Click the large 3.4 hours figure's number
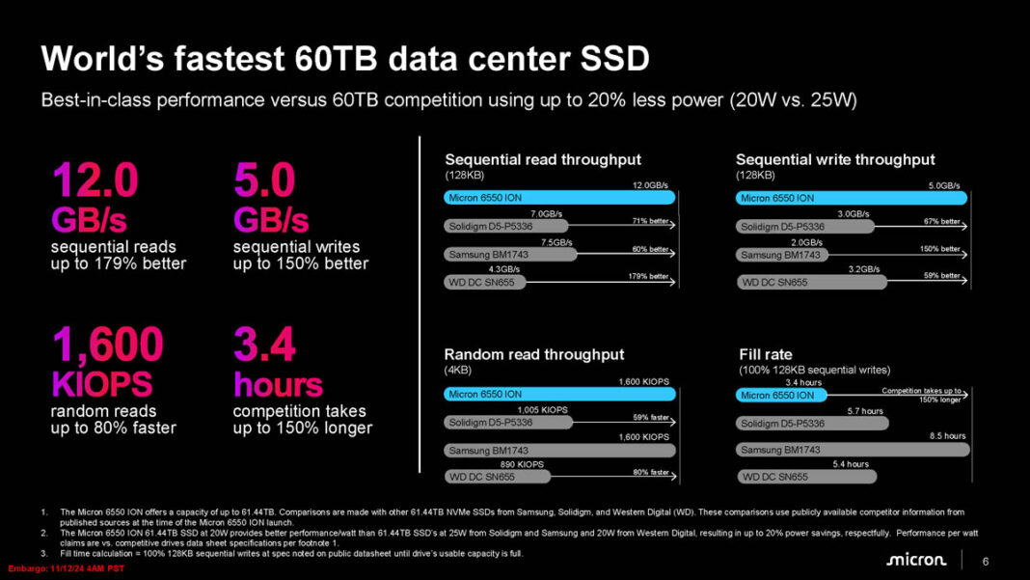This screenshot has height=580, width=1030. [x=264, y=345]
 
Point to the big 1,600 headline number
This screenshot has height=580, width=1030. [x=108, y=345]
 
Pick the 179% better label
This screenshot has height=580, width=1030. [x=647, y=277]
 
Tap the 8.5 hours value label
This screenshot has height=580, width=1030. [x=947, y=436]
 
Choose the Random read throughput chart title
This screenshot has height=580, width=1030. [x=533, y=354]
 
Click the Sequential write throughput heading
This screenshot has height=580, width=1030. [x=835, y=159]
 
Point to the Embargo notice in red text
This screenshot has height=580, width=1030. [x=62, y=568]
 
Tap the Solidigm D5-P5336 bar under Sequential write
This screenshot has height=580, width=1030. [x=804, y=227]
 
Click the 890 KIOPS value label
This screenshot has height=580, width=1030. [x=521, y=464]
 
